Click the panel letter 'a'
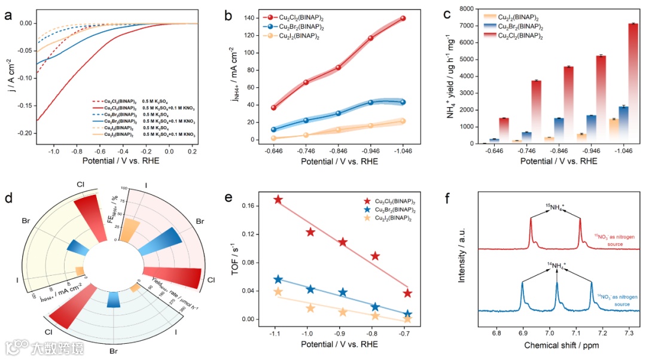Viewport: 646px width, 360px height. tap(8, 16)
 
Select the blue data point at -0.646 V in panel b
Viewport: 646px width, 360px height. tap(274, 129)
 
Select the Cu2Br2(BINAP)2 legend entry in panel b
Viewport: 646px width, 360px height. tap(297, 28)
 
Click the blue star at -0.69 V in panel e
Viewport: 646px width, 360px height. tap(407, 314)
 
